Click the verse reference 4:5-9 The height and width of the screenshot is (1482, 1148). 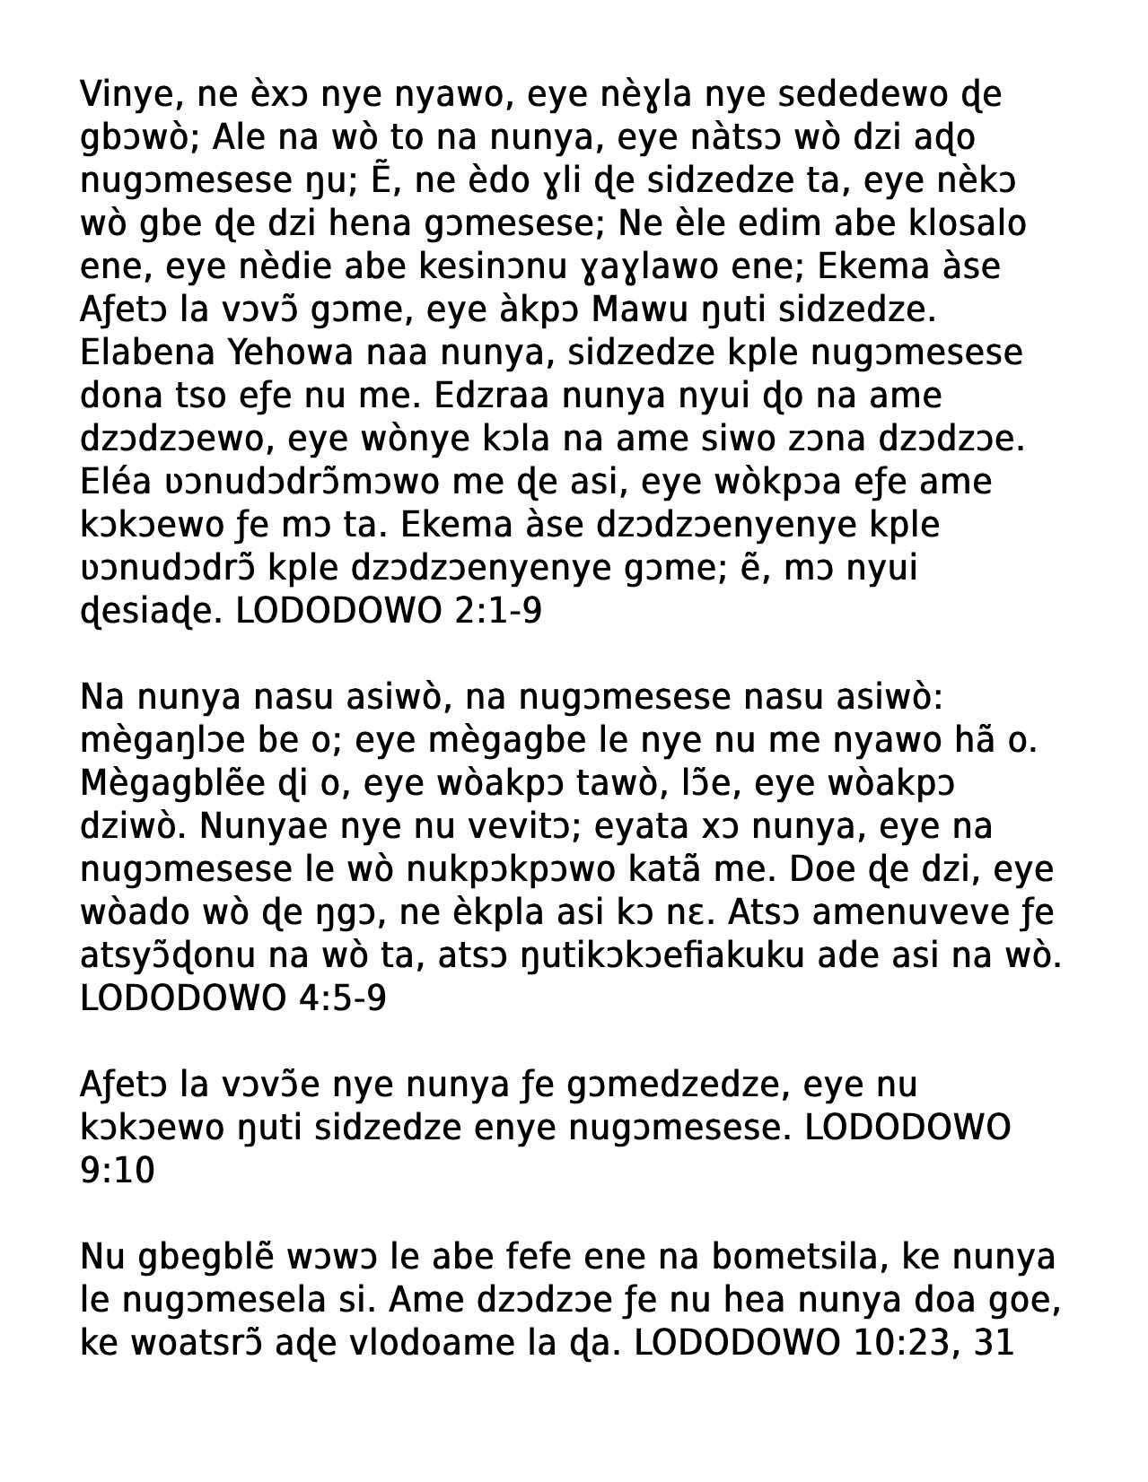(x=341, y=999)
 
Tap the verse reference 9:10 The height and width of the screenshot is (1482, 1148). (x=118, y=1172)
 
